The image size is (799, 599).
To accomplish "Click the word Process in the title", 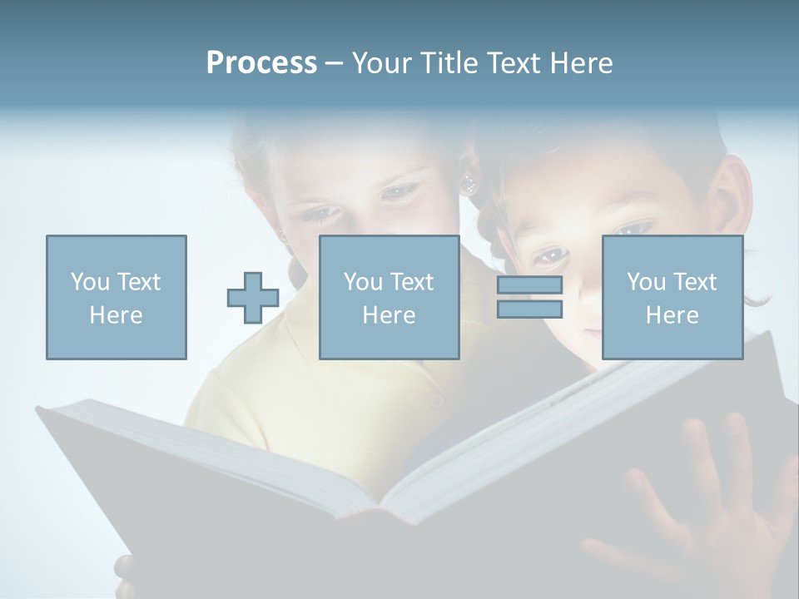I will (261, 63).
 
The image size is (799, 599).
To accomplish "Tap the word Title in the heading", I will (449, 63).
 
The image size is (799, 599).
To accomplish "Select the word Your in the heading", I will (383, 63).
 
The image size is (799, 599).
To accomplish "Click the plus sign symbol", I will (253, 298).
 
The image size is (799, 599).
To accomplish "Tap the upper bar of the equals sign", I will (529, 285).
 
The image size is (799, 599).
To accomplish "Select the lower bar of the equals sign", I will (529, 309).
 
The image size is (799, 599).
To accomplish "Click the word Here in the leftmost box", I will (117, 315).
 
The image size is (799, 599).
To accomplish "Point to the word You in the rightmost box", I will (646, 282).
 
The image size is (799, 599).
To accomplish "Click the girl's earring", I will (469, 183).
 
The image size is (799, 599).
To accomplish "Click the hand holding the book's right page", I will (707, 499).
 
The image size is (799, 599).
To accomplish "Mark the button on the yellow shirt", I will (436, 402).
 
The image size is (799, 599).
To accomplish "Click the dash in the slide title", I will (334, 63).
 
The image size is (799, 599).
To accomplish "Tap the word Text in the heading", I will (514, 63).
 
